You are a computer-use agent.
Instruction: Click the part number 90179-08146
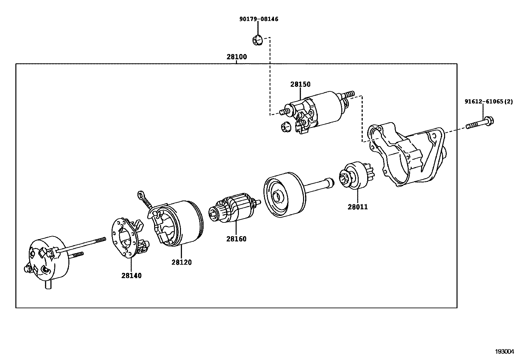(259, 19)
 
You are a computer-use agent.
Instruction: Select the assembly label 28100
(237, 57)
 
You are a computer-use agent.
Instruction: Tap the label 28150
(300, 85)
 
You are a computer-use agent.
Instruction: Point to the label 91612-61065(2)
(489, 102)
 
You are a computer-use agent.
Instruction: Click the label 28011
(357, 207)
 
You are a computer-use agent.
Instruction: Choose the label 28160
(236, 239)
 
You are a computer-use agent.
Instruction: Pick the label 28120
(181, 262)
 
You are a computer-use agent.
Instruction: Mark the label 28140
(132, 276)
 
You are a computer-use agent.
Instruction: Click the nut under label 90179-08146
(257, 41)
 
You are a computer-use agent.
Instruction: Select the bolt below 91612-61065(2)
(480, 124)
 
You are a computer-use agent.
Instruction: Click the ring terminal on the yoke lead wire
(141, 195)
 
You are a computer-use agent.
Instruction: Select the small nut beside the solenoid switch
(286, 126)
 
